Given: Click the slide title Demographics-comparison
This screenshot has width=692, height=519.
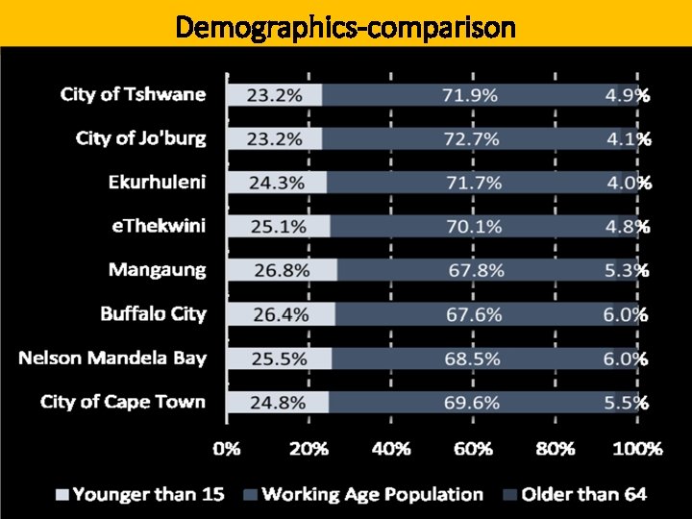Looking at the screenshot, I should point(346,27).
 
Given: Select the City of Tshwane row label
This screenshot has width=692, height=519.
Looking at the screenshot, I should point(133,94).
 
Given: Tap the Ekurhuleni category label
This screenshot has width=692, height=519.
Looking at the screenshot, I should point(157,182).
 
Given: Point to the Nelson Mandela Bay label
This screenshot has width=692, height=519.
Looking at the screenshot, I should point(112,358).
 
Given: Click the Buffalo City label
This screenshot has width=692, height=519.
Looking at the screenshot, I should point(153,313).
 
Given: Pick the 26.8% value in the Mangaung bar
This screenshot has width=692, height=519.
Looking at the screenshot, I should point(283,270).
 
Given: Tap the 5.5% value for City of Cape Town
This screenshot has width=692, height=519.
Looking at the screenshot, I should point(627,402).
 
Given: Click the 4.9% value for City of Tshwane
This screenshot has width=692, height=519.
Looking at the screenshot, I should point(627,94).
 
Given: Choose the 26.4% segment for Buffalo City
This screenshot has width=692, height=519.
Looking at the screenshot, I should point(280,313).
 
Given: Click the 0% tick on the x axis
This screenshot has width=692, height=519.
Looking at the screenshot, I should point(227,448).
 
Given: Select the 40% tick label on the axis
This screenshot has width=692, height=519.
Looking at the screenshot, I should point(390,448).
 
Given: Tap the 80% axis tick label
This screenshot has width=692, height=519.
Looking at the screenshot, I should point(556,448).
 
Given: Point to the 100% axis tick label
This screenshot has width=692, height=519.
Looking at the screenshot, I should point(637,448).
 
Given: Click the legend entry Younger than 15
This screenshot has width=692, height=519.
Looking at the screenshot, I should point(139,494).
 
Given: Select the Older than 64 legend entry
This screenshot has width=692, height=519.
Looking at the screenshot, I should point(574,494).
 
